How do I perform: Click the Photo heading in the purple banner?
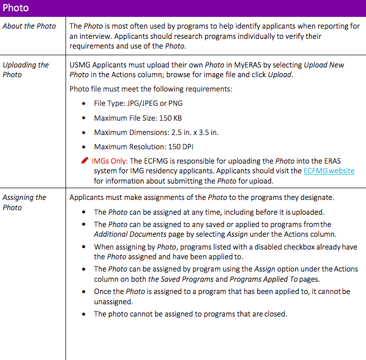(x=16, y=8)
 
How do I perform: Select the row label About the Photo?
(x=29, y=26)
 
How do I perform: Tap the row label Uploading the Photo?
(x=26, y=70)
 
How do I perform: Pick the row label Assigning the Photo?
(x=24, y=202)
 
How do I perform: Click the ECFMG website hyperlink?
(x=329, y=171)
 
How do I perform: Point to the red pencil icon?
(x=84, y=161)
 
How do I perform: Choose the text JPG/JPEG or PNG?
(x=155, y=103)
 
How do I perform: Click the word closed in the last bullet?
(x=275, y=314)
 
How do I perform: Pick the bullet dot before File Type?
(x=84, y=104)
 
